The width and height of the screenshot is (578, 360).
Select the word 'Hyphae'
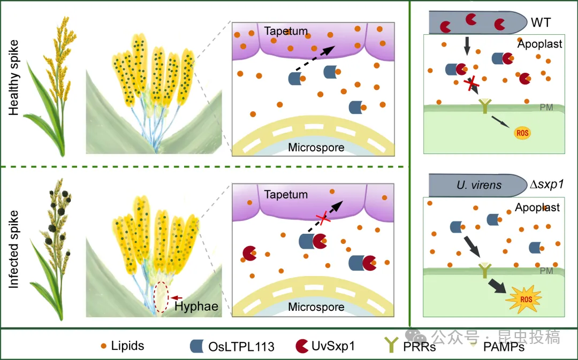tap(196, 307)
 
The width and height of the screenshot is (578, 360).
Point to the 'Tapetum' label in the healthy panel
tap(286, 32)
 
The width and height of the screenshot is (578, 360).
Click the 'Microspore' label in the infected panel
tap(316, 307)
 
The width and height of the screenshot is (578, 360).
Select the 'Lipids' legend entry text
tap(127, 346)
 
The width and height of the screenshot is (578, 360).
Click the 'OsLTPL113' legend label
tap(241, 347)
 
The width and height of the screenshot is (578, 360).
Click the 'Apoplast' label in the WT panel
tap(539, 44)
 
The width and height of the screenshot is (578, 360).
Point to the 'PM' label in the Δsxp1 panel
tap(546, 271)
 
